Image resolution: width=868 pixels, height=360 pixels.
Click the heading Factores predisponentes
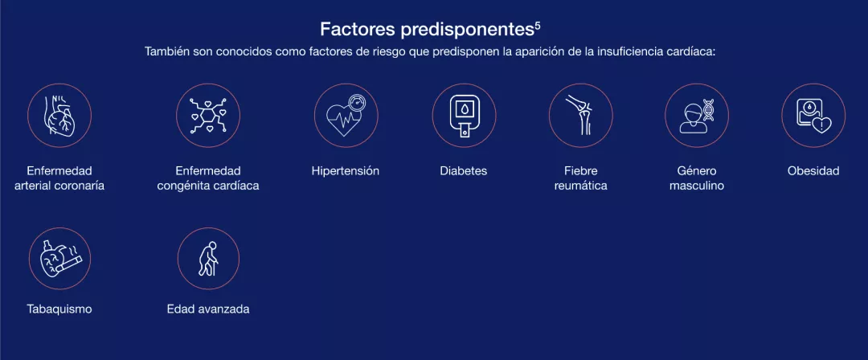[427, 29]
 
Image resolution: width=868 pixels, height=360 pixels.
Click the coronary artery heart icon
[59, 115]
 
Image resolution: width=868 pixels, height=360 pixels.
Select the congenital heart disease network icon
[208, 115]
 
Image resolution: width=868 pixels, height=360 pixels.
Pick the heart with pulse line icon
[346, 115]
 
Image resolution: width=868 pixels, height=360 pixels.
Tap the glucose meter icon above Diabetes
[464, 115]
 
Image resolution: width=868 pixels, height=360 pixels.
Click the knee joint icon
[581, 115]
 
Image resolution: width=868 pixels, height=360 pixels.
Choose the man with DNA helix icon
[696, 115]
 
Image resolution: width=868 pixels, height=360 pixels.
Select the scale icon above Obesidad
[813, 115]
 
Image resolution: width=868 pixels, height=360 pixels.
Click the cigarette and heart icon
[59, 258]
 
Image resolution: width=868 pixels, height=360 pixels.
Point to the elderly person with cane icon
[208, 258]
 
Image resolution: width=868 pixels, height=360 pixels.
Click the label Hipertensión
[346, 170]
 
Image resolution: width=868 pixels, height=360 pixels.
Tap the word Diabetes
[464, 170]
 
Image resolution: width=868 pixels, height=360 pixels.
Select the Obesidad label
[813, 170]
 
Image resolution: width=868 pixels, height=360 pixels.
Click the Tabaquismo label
[59, 309]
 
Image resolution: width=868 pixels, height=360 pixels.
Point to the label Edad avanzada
[208, 309]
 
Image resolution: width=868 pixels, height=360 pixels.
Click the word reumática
[581, 186]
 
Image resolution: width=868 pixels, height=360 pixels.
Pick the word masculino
[696, 186]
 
